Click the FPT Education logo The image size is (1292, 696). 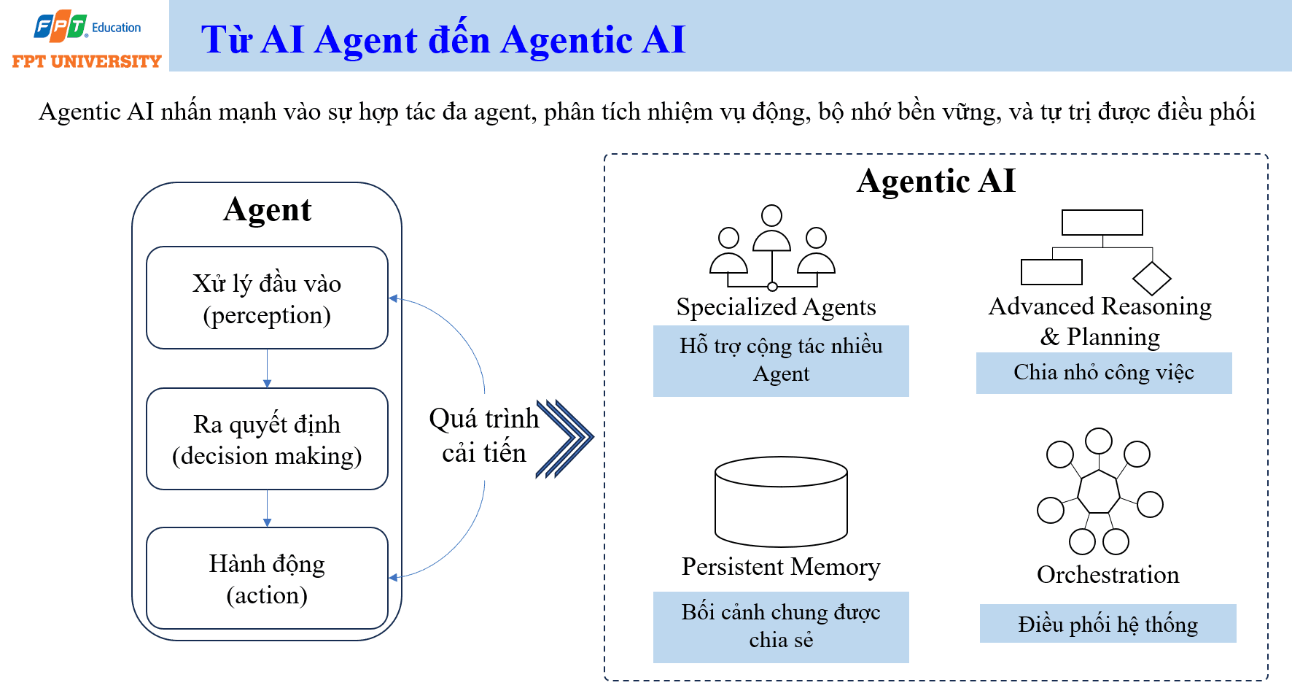click(86, 39)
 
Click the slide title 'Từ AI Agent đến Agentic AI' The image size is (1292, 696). click(443, 39)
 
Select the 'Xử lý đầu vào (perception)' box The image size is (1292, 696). click(267, 298)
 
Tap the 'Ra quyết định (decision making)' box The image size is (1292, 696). click(267, 438)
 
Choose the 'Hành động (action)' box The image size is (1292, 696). click(267, 578)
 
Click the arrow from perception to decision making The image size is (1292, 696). click(268, 368)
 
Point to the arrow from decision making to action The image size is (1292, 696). click(268, 509)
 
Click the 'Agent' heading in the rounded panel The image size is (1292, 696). click(268, 210)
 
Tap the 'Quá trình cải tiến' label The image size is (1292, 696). click(484, 436)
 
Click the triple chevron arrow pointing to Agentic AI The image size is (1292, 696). click(565, 438)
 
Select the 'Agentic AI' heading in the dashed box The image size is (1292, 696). click(936, 181)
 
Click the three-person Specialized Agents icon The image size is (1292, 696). click(772, 248)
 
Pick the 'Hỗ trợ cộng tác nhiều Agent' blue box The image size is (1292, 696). click(781, 360)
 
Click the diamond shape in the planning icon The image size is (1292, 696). click(1152, 278)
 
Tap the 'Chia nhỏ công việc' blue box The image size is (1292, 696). click(1104, 373)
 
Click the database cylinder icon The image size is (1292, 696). click(781, 502)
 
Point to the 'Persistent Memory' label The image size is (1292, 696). click(781, 567)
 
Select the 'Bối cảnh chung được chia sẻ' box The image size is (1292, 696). click(781, 627)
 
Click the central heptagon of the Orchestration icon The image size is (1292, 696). click(1099, 492)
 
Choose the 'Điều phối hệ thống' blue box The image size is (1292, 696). click(1108, 624)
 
